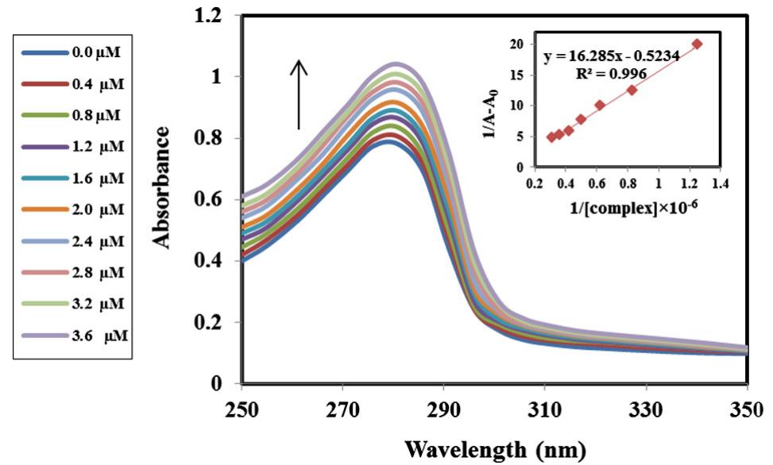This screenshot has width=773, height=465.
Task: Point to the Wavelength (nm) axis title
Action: click(497, 449)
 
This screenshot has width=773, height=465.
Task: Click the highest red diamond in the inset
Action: click(698, 44)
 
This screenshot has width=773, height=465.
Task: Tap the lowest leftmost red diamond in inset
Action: click(551, 136)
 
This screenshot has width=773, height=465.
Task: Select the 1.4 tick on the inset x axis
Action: click(720, 182)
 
